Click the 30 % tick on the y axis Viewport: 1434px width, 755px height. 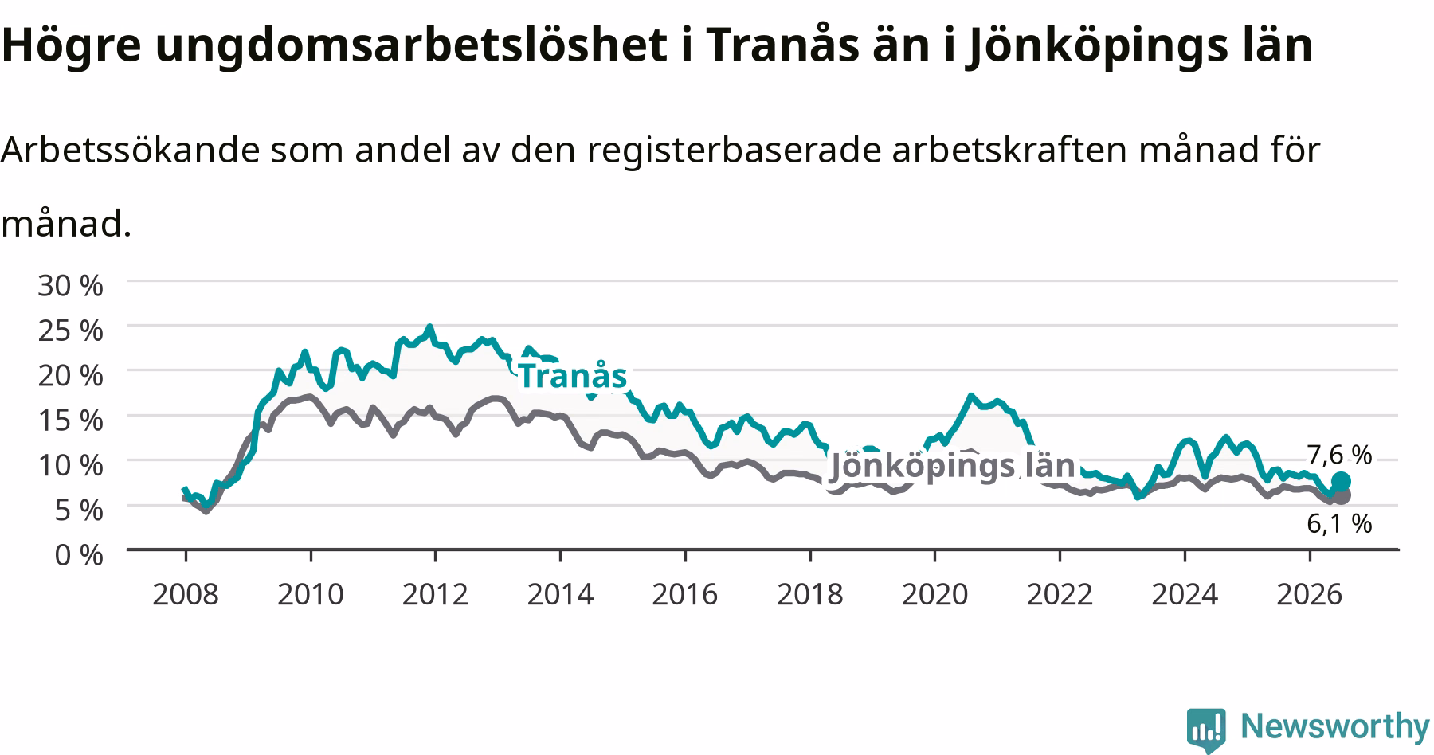(70, 285)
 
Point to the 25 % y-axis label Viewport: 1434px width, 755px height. (70, 330)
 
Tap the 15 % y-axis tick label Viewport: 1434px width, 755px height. (70, 420)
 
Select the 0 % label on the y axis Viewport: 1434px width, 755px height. (79, 554)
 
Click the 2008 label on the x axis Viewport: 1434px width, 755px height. (185, 593)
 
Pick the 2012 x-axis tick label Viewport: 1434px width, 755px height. (435, 593)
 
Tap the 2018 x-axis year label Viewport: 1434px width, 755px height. (809, 593)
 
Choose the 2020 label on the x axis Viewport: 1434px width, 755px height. (934, 593)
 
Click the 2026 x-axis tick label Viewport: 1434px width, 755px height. (1309, 593)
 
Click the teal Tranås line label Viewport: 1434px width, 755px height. (573, 375)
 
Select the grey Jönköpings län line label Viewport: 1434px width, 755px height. (953, 465)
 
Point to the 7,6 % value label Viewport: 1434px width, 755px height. (1339, 455)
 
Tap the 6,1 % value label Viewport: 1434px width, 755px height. (1339, 523)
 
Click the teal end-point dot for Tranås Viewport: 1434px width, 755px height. (1341, 481)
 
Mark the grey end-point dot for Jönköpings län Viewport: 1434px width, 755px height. (1342, 495)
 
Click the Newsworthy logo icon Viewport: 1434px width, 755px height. (1207, 730)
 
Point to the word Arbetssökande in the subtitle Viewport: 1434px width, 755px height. (130, 150)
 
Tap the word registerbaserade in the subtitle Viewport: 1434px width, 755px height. (734, 151)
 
